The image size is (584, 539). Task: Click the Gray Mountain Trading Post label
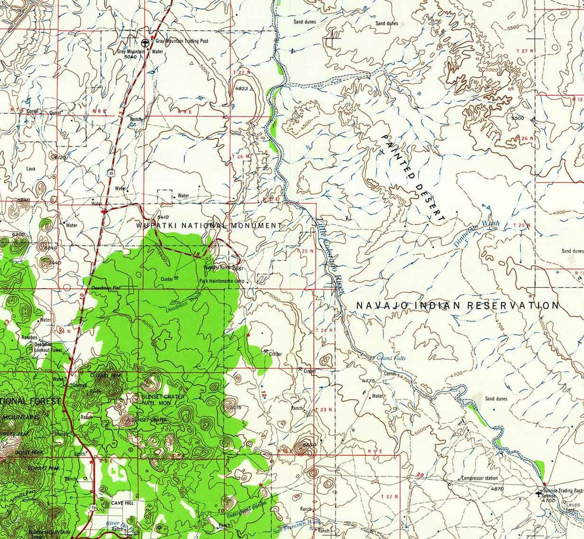(182, 41)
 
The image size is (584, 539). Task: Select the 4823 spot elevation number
(241, 88)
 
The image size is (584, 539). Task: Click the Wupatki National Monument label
(208, 226)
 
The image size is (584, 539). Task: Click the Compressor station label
(479, 478)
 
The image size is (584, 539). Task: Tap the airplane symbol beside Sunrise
(538, 493)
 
